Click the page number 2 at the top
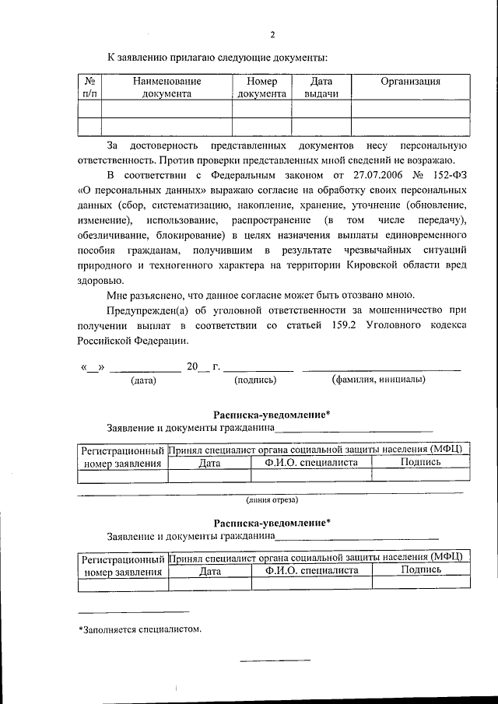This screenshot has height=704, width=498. [x=272, y=34]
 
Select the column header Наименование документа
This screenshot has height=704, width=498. [x=167, y=87]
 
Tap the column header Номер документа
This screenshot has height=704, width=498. [x=261, y=87]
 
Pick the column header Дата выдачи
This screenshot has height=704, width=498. [x=321, y=87]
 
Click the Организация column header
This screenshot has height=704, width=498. [x=410, y=82]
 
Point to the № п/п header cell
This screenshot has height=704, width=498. [x=89, y=87]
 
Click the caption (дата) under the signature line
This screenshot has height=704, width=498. [x=144, y=380]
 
